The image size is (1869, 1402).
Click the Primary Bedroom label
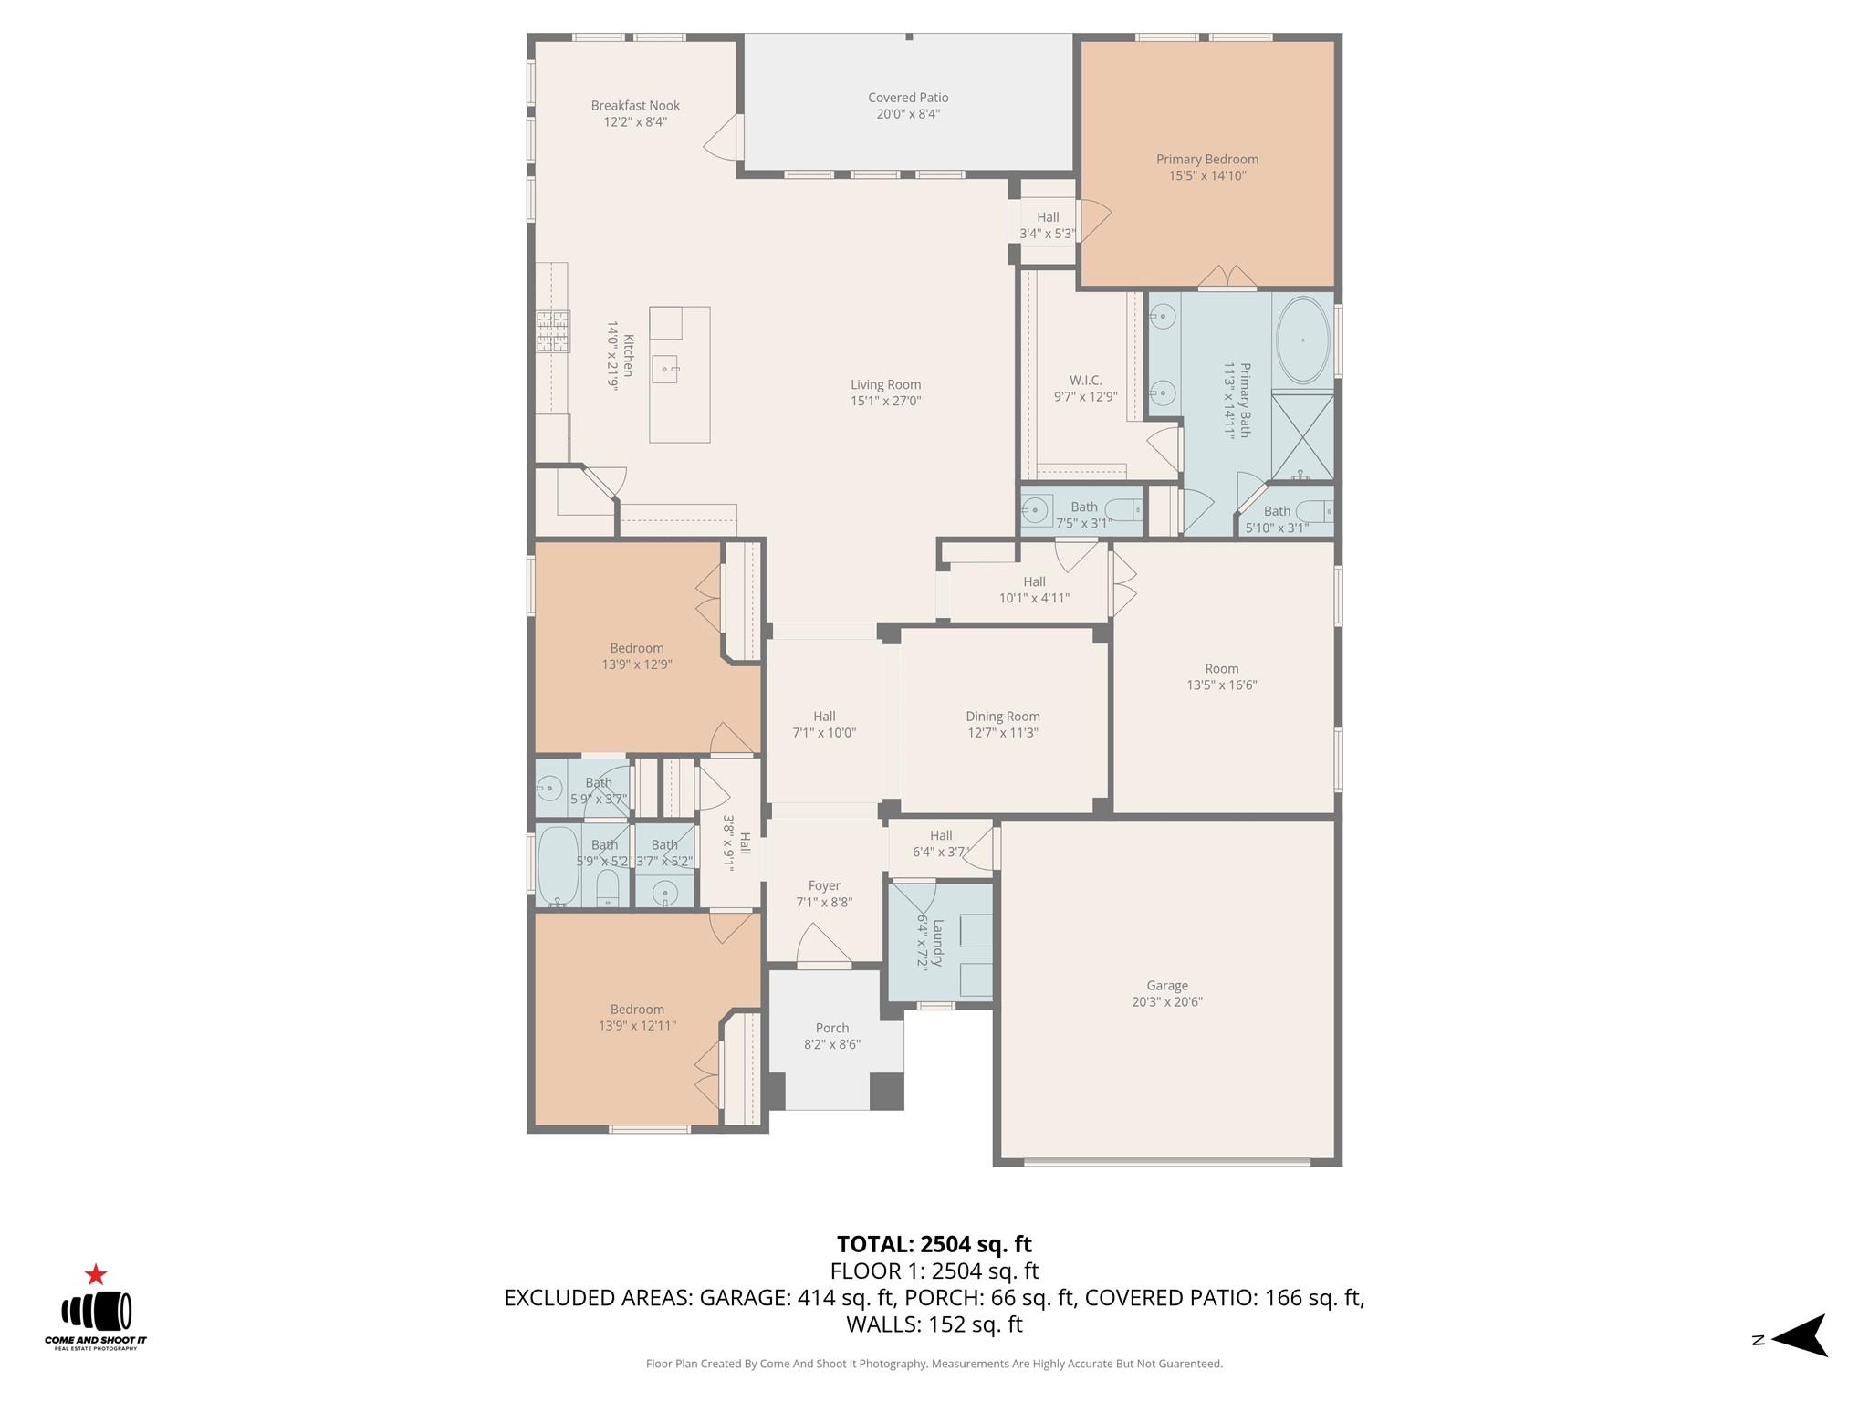click(x=1206, y=160)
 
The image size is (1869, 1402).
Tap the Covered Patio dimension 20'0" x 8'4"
click(x=908, y=114)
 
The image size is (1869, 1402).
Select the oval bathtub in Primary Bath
click(x=1302, y=340)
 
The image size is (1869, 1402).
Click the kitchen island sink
click(x=665, y=370)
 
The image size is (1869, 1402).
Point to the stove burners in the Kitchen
click(x=552, y=331)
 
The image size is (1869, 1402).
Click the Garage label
click(x=1166, y=986)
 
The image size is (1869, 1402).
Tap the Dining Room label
click(x=1002, y=717)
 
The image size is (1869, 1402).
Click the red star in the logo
click(x=96, y=1275)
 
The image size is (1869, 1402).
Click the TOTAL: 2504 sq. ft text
click(x=934, y=1244)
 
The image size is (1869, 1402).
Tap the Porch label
click(x=831, y=1028)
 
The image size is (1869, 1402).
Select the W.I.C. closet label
click(x=1085, y=381)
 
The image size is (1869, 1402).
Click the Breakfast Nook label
click(x=635, y=106)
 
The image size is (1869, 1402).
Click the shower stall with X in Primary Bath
click(x=1302, y=436)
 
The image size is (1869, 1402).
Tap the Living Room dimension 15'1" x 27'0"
click(x=885, y=401)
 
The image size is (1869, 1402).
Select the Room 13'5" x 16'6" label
click(x=1221, y=669)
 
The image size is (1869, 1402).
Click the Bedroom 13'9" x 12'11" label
click(x=637, y=1010)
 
